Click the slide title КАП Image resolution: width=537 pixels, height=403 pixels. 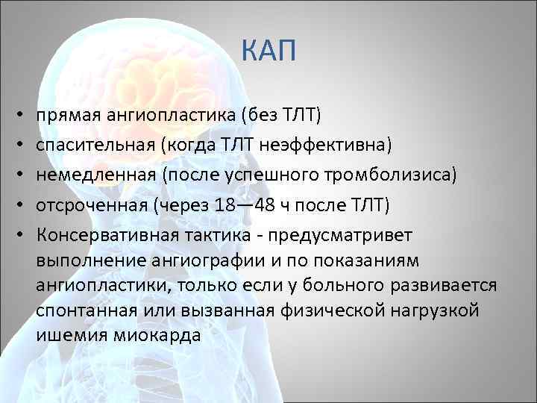tap(269, 51)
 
